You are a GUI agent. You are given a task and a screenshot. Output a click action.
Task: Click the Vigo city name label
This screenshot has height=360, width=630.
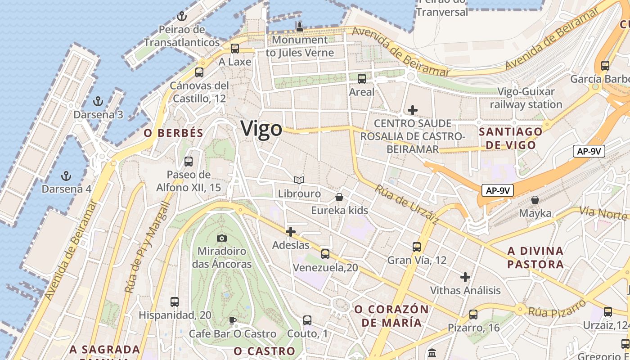click(x=261, y=129)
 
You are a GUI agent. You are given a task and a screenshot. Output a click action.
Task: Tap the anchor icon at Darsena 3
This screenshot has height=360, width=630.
click(x=98, y=101)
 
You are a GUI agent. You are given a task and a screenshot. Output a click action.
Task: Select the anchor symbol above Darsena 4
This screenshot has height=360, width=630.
click(x=67, y=175)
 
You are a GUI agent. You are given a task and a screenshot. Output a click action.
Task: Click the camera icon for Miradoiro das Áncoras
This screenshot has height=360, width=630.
click(x=222, y=238)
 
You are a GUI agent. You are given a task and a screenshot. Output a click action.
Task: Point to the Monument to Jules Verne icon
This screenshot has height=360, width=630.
click(x=300, y=27)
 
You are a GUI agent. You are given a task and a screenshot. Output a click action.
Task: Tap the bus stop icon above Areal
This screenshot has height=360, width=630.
click(x=362, y=79)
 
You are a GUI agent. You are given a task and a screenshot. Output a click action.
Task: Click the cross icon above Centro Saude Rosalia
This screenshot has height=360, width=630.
click(x=413, y=110)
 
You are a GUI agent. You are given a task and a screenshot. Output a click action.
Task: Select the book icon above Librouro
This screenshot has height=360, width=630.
click(x=299, y=180)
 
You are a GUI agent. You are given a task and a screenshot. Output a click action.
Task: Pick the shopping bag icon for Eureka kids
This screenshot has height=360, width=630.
click(x=339, y=197)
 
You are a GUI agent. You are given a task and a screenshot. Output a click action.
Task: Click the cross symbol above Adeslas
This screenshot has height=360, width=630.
click(x=291, y=232)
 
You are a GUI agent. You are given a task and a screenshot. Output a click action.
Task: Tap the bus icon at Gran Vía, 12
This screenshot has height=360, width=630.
click(x=417, y=247)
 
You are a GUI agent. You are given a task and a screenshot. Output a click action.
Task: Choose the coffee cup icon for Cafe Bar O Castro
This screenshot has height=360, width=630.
click(x=232, y=320)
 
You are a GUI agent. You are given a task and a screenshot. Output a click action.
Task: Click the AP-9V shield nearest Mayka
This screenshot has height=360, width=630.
click(x=498, y=190)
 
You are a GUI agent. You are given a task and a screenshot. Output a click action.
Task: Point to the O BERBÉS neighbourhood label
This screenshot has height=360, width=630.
click(x=173, y=133)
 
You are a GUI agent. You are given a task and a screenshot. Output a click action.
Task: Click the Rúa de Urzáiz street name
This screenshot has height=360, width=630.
click(x=406, y=205)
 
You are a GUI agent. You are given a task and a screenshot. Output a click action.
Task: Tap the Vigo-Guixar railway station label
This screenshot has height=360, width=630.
click(x=526, y=98)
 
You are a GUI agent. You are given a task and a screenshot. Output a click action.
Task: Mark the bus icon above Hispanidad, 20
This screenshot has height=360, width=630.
click(x=175, y=302)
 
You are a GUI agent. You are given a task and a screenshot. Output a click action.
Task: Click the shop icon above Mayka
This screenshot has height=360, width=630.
click(x=535, y=199)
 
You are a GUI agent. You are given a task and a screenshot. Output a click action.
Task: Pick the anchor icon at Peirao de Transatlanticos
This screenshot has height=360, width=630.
click(x=182, y=17)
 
